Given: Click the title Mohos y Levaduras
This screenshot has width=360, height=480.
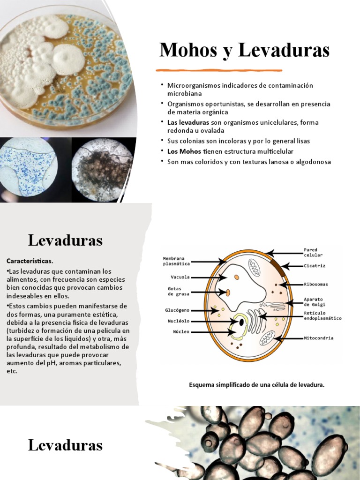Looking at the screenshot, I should pos(244,50).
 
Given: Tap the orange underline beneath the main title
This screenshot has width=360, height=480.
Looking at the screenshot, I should pos(219,70).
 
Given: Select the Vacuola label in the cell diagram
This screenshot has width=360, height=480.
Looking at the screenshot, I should pos(180,277).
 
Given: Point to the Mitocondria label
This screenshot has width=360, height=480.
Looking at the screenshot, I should pos(319,337).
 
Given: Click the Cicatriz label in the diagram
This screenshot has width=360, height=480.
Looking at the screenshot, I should pos(315,266).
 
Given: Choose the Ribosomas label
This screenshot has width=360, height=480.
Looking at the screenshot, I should pos(316,284).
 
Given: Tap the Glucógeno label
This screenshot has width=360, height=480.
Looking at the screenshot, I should pos(177,310).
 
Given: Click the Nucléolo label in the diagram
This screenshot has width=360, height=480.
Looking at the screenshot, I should pos(178,321).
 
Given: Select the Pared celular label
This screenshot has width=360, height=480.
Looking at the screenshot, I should pos(313,252).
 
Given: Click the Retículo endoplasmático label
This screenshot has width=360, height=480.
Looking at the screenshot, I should pos(322,315).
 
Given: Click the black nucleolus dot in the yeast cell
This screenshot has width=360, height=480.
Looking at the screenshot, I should pos(241,322).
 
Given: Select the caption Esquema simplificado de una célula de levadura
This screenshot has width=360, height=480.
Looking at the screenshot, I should pos(256,385).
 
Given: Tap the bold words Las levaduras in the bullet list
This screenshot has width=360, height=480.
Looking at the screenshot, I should pos(184,122).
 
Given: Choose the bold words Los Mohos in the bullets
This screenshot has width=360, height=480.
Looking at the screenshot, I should pos(184,151).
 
